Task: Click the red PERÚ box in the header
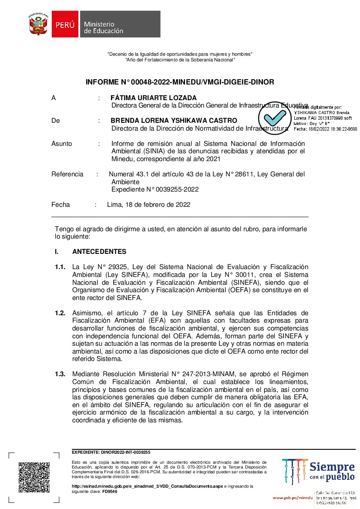tap(65, 25)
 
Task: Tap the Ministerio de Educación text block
tap(104, 27)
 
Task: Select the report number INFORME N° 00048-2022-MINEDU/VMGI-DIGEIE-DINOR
tap(180, 82)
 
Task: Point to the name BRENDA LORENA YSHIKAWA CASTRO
tap(174, 121)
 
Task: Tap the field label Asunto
tap(62, 144)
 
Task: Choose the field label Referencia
tap(67, 174)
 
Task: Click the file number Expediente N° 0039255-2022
tap(155, 189)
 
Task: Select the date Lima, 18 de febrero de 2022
tap(148, 205)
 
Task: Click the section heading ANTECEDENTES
tap(99, 252)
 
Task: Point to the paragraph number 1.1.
tap(60, 266)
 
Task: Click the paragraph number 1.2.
tap(60, 313)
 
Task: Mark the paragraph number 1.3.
tap(60, 374)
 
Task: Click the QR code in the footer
tap(34, 478)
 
